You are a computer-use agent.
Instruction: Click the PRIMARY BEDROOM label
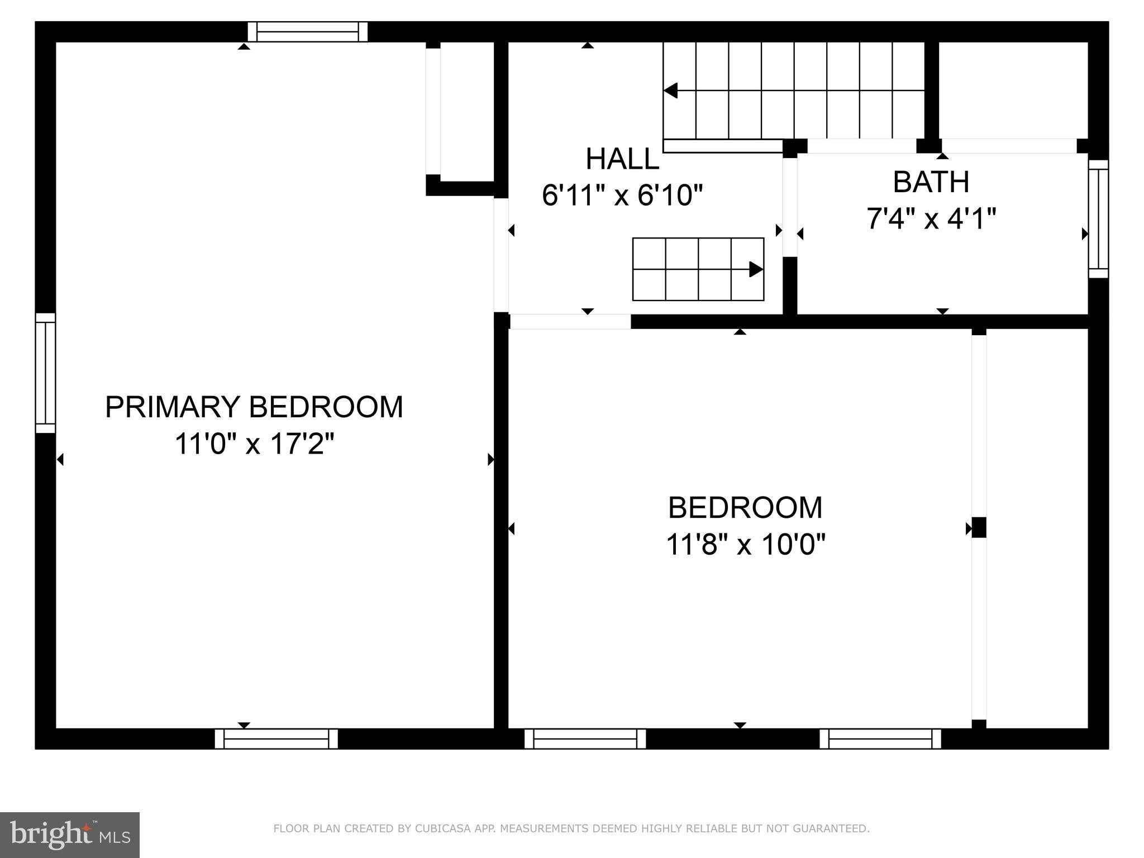(254, 407)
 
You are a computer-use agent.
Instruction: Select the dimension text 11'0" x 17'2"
(254, 444)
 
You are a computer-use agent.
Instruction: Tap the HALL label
(622, 159)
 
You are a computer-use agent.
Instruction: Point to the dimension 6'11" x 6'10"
(622, 196)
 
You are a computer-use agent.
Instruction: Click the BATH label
(931, 182)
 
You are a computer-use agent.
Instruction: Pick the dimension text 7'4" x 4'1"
(931, 218)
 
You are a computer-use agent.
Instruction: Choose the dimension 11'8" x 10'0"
(745, 544)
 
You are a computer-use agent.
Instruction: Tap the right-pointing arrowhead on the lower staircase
(756, 269)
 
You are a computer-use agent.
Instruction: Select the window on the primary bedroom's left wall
(46, 373)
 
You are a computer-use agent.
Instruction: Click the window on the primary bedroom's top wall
(307, 32)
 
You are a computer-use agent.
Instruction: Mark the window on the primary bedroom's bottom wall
(277, 738)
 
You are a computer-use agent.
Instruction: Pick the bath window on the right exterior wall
(1098, 219)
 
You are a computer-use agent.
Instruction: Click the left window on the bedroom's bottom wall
(585, 738)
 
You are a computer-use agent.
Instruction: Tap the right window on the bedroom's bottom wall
(880, 738)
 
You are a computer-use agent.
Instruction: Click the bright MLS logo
(69, 835)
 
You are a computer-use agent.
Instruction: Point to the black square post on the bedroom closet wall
(979, 527)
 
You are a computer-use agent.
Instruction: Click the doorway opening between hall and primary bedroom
(501, 255)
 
